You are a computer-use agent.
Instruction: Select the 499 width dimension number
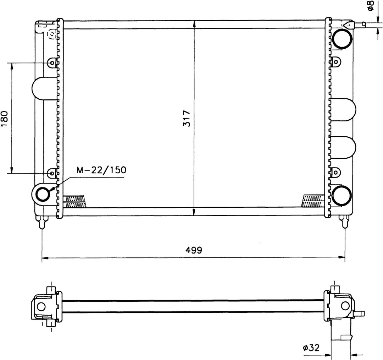[x=193, y=250]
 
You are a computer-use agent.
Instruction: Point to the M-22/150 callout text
[x=101, y=170]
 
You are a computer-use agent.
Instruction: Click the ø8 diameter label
[x=370, y=6]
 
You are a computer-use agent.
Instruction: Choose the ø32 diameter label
[x=311, y=348]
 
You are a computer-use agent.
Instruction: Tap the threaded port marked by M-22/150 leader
[x=43, y=194]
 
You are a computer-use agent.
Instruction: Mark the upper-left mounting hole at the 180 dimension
[x=52, y=64]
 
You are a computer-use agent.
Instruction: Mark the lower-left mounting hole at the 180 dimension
[x=52, y=173]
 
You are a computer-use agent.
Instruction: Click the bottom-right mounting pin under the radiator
[x=344, y=222]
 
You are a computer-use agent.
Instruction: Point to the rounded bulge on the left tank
[x=38, y=88]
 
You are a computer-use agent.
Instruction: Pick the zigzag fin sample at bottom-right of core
[x=313, y=201]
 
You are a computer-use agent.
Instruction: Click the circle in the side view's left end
[x=41, y=307]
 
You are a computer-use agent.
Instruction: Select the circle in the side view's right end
[x=345, y=306]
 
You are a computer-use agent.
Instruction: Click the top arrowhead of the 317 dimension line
[x=194, y=23]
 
